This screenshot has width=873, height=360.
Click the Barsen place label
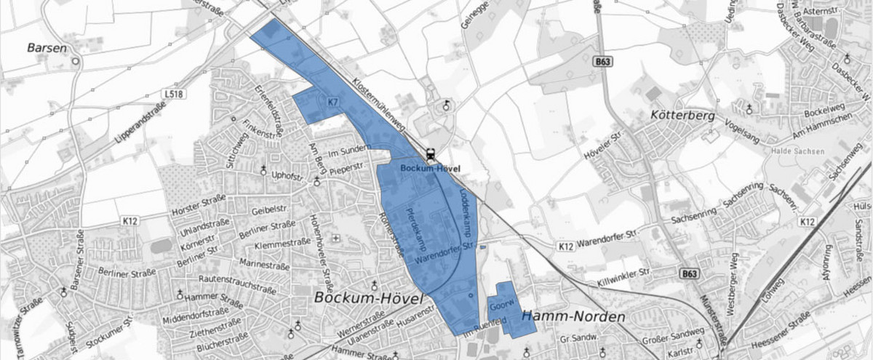(47, 48)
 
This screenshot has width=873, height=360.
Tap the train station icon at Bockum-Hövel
(431, 154)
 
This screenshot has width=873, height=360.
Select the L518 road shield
(173, 94)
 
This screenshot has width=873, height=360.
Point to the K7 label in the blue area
(333, 103)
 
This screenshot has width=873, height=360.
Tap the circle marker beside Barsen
(75, 62)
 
